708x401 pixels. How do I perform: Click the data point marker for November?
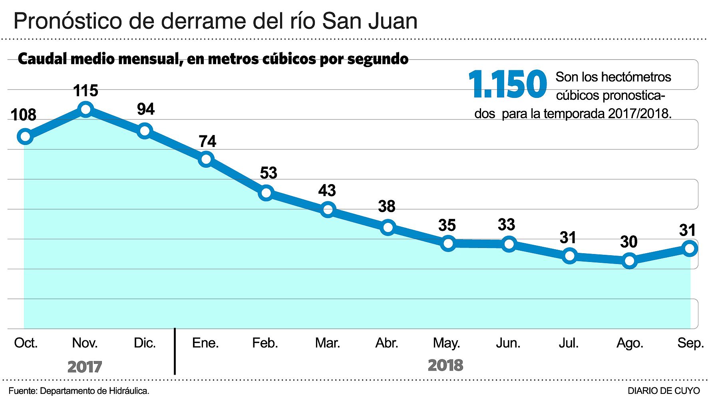pyautogui.click(x=86, y=109)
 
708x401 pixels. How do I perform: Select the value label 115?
pyautogui.click(x=86, y=91)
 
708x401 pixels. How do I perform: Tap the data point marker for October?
pyautogui.click(x=25, y=137)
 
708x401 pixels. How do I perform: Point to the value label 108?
pyautogui.click(x=23, y=115)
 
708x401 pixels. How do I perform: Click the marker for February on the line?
pyautogui.click(x=266, y=193)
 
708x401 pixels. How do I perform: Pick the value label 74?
pyautogui.click(x=207, y=141)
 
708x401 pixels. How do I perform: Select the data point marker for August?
pyautogui.click(x=630, y=261)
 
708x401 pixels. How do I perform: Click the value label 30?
pyautogui.click(x=628, y=242)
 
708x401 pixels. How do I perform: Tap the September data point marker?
pyautogui.click(x=690, y=249)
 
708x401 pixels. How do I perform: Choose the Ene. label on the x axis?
pyautogui.click(x=205, y=343)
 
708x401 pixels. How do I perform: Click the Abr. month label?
pyautogui.click(x=387, y=343)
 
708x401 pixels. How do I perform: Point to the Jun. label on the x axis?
pyautogui.click(x=508, y=343)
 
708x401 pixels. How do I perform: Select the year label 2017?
pyautogui.click(x=85, y=367)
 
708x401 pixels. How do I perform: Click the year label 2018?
pyautogui.click(x=445, y=365)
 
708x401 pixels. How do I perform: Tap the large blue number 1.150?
pyautogui.click(x=507, y=84)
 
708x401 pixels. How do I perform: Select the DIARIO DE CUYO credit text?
pyautogui.click(x=664, y=391)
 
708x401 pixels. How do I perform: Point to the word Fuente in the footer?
pyautogui.click(x=22, y=391)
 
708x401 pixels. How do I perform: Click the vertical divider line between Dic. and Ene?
pyautogui.click(x=175, y=351)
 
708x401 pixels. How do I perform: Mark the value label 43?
pyautogui.click(x=327, y=191)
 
